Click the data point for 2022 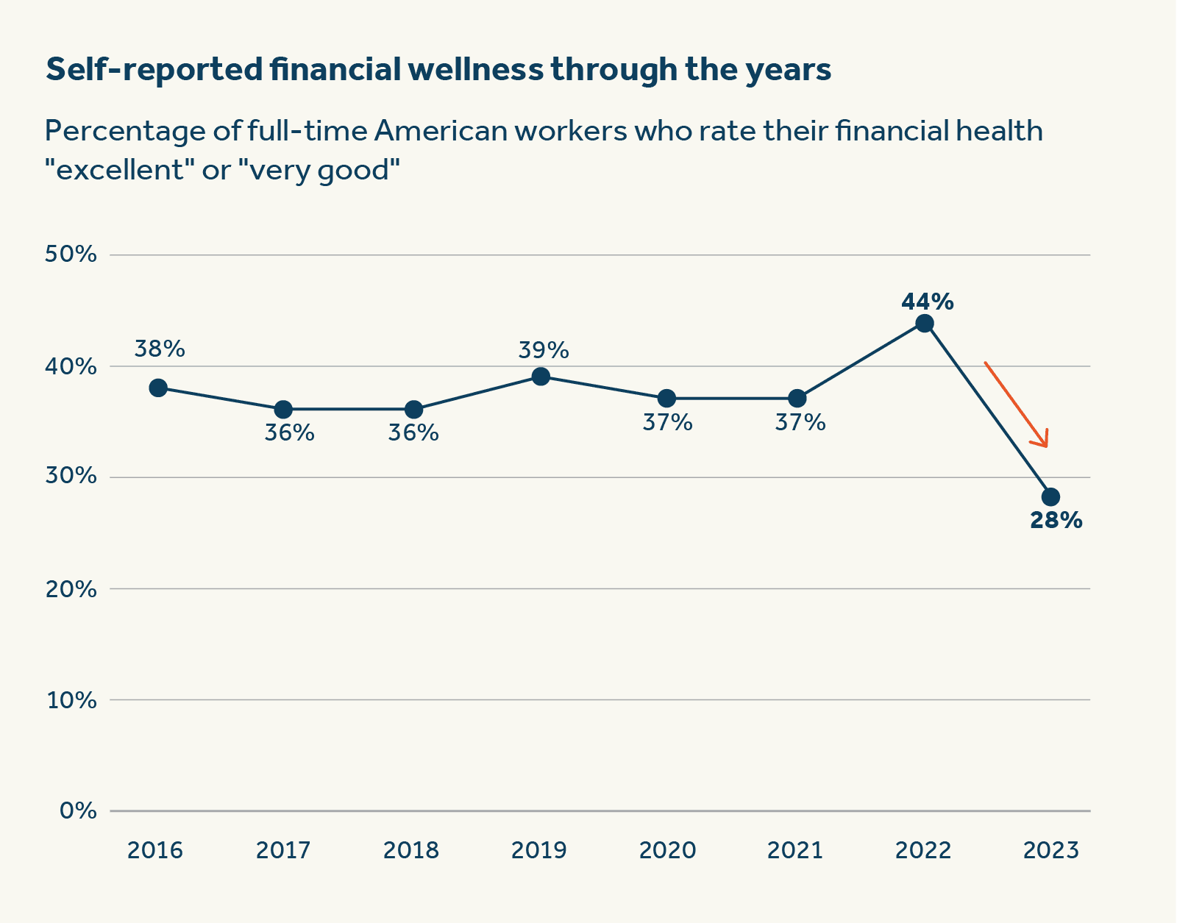[925, 324]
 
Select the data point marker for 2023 [1050, 496]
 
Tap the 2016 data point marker [158, 388]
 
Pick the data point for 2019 [541, 377]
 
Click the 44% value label [927, 302]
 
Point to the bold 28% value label [1056, 521]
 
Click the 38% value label [160, 349]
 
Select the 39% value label [544, 350]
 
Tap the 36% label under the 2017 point [289, 432]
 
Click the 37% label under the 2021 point [800, 422]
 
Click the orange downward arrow [1017, 404]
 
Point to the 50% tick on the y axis [71, 254]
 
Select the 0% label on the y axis [78, 810]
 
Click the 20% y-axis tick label [71, 588]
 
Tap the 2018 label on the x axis [411, 850]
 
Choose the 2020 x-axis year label [667, 850]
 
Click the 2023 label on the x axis [1051, 850]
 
